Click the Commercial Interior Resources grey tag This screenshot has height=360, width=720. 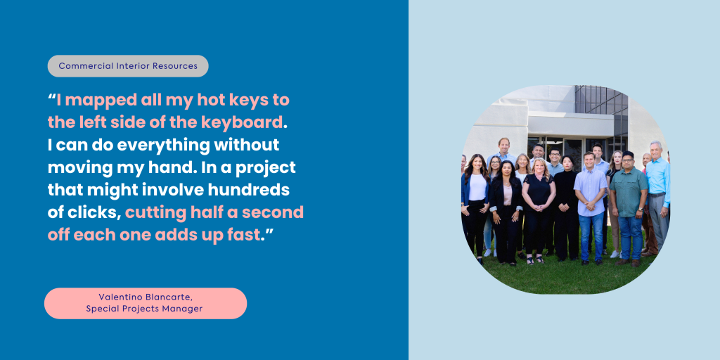128,66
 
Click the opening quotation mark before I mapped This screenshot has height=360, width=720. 52,96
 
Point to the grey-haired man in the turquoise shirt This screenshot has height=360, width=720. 658,198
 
